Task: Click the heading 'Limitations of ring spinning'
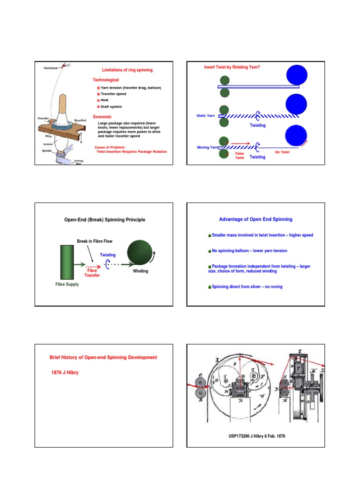[x=127, y=70]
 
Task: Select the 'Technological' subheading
[x=105, y=80]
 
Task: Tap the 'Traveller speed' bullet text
[x=113, y=94]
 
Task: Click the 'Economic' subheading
[x=102, y=116]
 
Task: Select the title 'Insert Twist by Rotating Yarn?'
[x=232, y=67]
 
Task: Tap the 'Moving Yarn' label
[x=207, y=147]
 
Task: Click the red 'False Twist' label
[x=240, y=156]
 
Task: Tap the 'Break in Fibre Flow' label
[x=95, y=241]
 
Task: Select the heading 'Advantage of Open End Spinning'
[x=255, y=219]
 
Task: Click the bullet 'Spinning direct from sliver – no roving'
[x=247, y=286]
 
